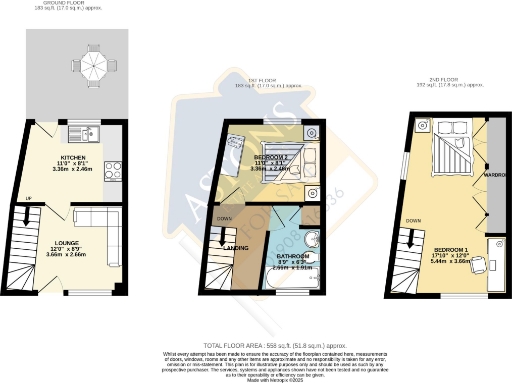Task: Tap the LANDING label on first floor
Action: [x=237, y=247]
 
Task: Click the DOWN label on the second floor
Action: [x=412, y=218]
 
